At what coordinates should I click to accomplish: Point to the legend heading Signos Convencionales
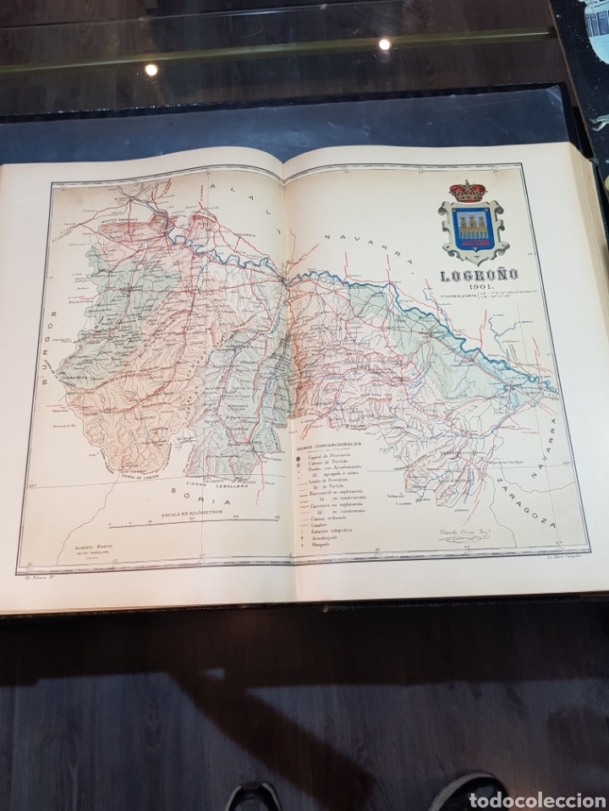pyautogui.click(x=329, y=442)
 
